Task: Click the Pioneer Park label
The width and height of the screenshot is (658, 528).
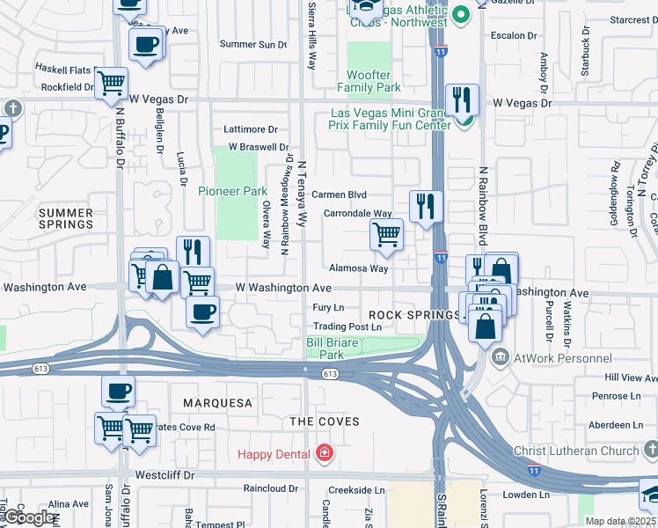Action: (x=232, y=191)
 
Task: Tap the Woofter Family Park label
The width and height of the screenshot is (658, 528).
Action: (x=374, y=82)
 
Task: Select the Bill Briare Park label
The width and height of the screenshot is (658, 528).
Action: (x=325, y=348)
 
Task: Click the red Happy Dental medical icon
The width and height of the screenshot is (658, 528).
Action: (x=325, y=454)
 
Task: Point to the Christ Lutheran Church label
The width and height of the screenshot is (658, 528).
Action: (x=577, y=451)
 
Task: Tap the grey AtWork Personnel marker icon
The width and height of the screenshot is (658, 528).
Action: (x=501, y=358)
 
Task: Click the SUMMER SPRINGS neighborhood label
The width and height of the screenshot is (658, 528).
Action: (x=66, y=218)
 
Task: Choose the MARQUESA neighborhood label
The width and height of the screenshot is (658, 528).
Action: (x=217, y=403)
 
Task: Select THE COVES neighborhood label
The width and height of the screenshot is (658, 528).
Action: (x=325, y=422)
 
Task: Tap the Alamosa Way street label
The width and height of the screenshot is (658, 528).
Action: (x=358, y=268)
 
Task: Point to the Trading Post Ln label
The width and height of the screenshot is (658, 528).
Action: (x=347, y=326)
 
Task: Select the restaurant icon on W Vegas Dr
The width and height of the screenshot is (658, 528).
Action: (x=462, y=100)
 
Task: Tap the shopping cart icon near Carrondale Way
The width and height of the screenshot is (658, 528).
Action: (x=386, y=234)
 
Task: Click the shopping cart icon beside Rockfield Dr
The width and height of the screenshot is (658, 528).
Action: (x=111, y=83)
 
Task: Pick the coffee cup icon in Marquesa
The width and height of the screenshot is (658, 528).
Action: (x=118, y=391)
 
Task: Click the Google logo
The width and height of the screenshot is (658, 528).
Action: (x=30, y=518)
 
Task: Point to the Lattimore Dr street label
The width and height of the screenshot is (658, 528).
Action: (x=251, y=129)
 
